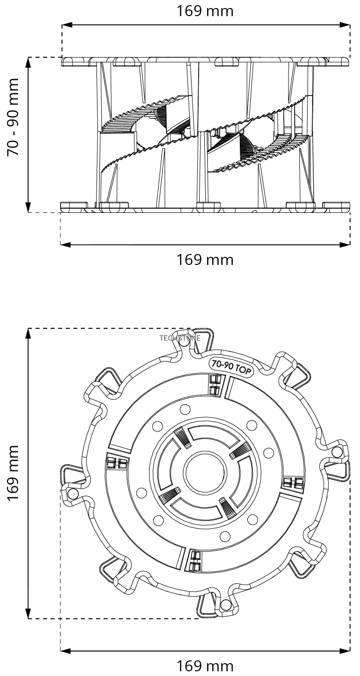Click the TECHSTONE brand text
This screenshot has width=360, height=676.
[x=180, y=338]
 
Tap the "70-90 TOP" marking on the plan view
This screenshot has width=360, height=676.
[x=231, y=367]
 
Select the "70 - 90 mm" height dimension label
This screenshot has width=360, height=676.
[x=13, y=117]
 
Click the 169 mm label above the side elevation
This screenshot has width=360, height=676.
[x=205, y=11]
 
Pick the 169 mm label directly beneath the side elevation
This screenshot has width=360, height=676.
[x=205, y=259]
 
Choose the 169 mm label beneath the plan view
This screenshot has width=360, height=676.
[x=205, y=666]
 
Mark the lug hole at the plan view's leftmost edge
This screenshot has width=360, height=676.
[x=72, y=493]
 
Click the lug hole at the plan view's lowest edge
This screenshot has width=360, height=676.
[x=225, y=604]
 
